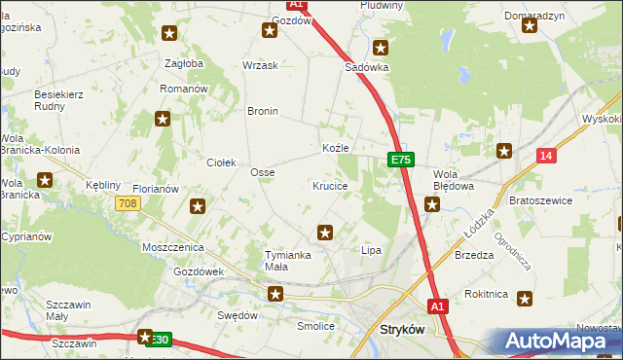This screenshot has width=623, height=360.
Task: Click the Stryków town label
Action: coord(399,330)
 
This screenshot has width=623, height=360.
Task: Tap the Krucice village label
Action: coord(330,185)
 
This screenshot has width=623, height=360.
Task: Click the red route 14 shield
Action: coord(545,156)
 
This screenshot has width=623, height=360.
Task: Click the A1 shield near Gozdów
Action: coord(298,5)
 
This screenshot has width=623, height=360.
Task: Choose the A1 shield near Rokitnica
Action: coord(438,306)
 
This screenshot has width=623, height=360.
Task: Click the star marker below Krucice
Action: coord(325,233)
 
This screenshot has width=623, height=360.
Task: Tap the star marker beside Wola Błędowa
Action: coord(432,204)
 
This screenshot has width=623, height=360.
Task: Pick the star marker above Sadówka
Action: coord(381,47)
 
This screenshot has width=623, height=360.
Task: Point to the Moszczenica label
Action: coord(171,249)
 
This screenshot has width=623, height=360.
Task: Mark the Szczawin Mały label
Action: coord(69,310)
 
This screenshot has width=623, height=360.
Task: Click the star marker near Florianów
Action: coord(198,205)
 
